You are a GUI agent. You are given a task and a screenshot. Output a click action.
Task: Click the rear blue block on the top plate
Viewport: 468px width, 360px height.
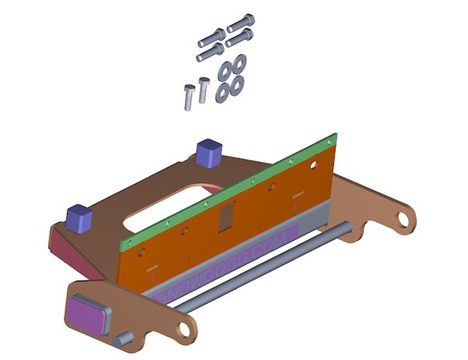210,152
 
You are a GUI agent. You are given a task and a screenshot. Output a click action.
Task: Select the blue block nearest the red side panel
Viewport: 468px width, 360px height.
80,217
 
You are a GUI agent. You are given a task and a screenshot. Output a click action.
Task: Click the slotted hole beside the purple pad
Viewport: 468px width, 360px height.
185,327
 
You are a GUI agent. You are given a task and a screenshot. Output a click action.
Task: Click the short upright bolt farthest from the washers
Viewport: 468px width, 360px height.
188,97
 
